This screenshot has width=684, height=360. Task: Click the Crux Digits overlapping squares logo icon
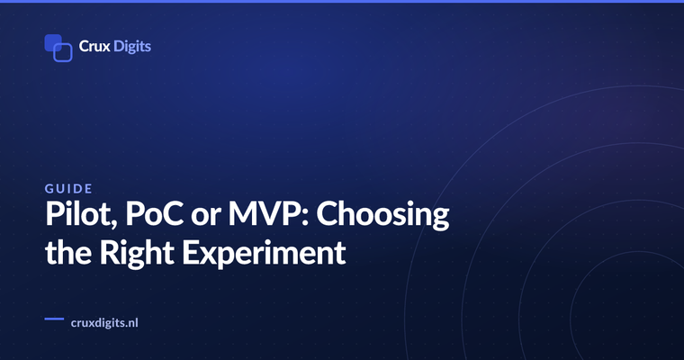(x=58, y=48)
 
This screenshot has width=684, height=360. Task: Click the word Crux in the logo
(x=94, y=46)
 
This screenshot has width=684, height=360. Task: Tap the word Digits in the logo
(x=132, y=47)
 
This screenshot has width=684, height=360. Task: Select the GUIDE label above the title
(x=68, y=188)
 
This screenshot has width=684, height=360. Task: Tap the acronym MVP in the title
(x=265, y=214)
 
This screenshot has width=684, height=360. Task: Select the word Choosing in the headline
(x=382, y=215)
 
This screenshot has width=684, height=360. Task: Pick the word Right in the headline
(x=137, y=254)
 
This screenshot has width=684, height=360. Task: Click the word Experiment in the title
(x=264, y=254)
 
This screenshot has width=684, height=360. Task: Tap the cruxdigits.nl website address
(x=104, y=323)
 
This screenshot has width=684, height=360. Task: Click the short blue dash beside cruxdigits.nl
(x=54, y=319)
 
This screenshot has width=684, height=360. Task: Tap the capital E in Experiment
(x=190, y=252)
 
